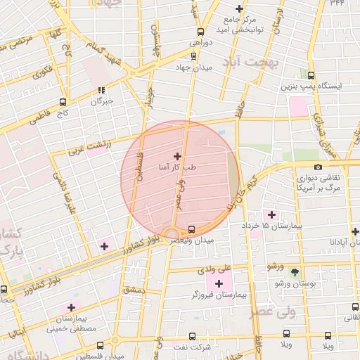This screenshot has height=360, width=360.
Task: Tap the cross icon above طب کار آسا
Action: click(176, 156)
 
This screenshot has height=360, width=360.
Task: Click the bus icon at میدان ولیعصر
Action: click(192, 229)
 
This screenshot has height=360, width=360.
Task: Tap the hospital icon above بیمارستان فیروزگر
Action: click(219, 283)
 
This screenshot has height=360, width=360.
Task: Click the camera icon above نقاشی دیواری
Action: click(319, 167)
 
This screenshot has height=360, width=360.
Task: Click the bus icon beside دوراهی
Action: click(202, 32)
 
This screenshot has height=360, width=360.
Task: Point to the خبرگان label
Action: click(102, 102)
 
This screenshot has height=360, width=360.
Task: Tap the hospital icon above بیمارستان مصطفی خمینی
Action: click(71, 307)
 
